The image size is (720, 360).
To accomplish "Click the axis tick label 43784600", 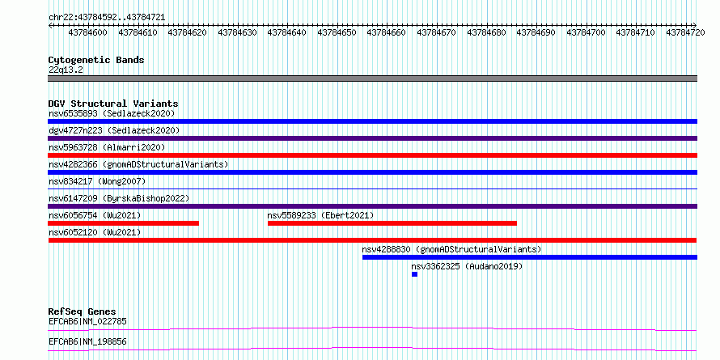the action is [x=87, y=32].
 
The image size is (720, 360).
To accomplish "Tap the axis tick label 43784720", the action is [x=685, y=32].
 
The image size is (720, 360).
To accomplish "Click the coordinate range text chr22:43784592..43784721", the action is [x=107, y=18].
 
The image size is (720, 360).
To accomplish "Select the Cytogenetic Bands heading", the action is [x=96, y=60].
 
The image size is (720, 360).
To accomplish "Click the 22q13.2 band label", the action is [x=66, y=70].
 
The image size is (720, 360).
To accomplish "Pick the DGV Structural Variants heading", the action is [x=113, y=104].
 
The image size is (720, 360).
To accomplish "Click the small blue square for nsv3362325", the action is [x=415, y=274].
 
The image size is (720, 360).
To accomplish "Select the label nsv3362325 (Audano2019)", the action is [x=467, y=266].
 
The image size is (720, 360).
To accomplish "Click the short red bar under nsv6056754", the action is [x=124, y=223].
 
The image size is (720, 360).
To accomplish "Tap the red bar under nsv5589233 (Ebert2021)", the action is [x=392, y=223].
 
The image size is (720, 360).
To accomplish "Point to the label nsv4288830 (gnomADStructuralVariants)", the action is [x=452, y=249].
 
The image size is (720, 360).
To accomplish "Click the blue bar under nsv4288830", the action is [x=530, y=257].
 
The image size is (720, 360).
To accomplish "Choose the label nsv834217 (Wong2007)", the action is [x=97, y=181].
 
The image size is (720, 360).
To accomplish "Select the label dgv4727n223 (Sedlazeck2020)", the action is [x=114, y=130].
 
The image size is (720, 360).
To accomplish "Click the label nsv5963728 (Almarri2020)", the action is [x=107, y=147].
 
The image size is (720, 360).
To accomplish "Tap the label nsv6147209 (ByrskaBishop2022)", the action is [x=119, y=198].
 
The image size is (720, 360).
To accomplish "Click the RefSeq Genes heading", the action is [x=83, y=311].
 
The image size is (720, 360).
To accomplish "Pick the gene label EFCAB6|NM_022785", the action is [x=87, y=321].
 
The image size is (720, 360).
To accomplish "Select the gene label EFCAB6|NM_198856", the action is [x=87, y=342].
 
